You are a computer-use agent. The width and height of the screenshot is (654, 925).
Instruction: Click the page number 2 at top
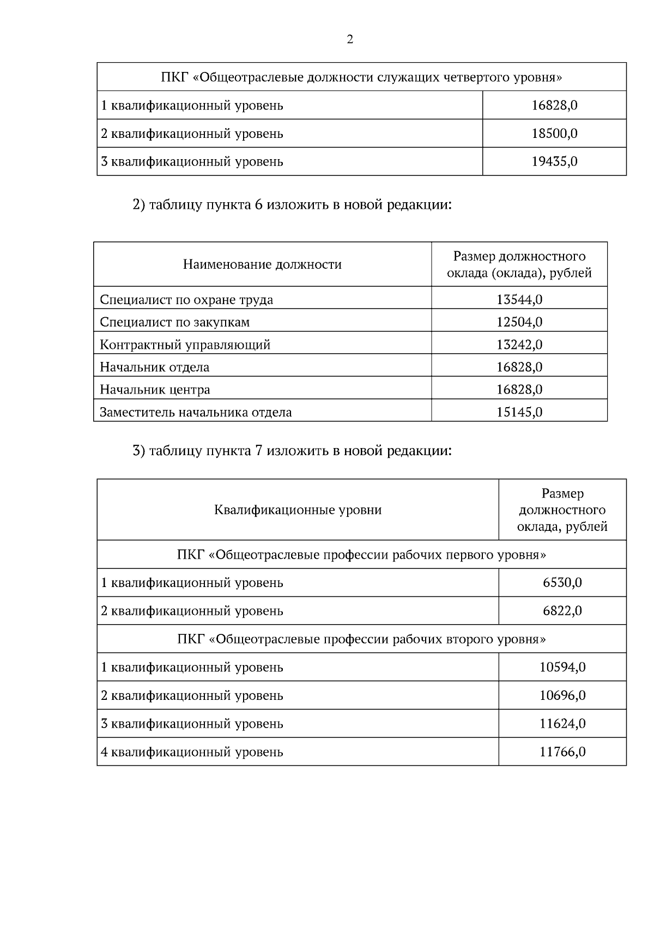(x=349, y=40)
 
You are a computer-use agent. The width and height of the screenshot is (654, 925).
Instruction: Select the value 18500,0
(x=554, y=134)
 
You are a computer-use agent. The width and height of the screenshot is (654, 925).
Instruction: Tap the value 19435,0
(x=554, y=162)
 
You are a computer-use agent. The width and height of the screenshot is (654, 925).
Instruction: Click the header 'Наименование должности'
(x=262, y=265)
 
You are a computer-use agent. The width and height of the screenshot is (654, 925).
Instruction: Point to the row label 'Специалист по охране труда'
(x=186, y=300)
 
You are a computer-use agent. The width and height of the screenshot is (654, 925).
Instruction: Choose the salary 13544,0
(x=519, y=300)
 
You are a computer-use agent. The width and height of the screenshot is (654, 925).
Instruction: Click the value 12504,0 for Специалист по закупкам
(x=519, y=322)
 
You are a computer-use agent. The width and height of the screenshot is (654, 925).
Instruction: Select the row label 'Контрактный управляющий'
(x=185, y=345)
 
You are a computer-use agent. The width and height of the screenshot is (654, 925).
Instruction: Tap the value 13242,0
(x=519, y=345)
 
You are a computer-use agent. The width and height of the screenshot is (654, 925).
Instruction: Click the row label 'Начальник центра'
(x=155, y=390)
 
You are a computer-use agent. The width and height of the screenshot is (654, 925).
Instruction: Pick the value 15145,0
(x=519, y=412)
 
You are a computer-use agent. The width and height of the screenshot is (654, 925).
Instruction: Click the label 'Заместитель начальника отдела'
(x=196, y=413)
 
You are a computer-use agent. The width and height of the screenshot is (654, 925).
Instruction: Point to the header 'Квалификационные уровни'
(x=298, y=510)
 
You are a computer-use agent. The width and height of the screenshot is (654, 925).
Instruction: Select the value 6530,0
(x=562, y=583)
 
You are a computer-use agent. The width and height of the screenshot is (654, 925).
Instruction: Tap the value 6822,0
(x=562, y=611)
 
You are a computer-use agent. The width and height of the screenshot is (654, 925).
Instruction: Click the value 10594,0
(x=562, y=667)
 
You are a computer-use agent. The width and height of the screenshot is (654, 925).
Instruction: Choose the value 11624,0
(x=562, y=724)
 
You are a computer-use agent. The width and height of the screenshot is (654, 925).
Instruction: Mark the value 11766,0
(x=562, y=752)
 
